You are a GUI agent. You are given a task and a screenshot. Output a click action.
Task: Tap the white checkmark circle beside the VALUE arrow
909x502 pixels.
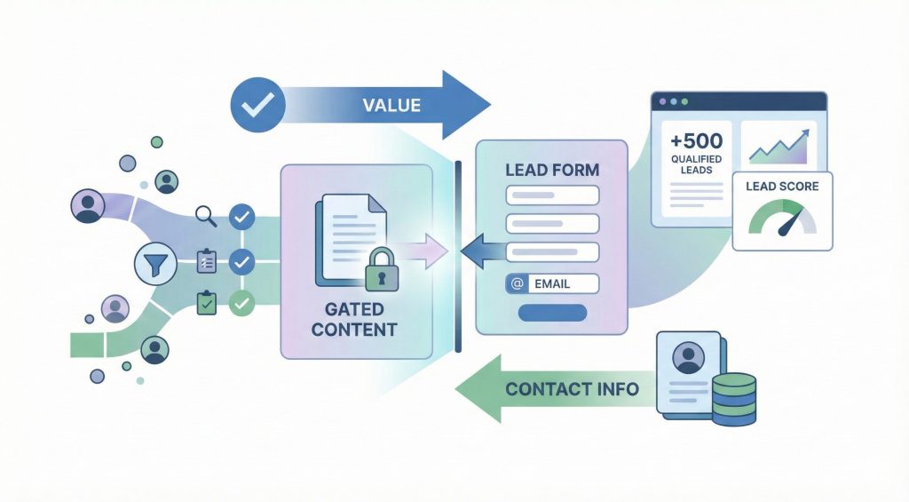pyautogui.click(x=257, y=107)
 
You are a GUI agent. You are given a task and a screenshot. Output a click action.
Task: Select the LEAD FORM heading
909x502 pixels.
pyautogui.click(x=551, y=169)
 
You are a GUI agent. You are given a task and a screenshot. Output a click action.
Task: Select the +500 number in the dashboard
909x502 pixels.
pyautogui.click(x=697, y=140)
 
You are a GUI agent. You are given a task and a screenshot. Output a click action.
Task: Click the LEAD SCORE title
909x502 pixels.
pyautogui.click(x=783, y=187)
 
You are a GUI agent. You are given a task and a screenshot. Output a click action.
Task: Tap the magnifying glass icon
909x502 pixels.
pyautogui.click(x=206, y=215)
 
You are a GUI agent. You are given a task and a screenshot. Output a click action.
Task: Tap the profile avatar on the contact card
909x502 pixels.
pyautogui.click(x=689, y=358)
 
